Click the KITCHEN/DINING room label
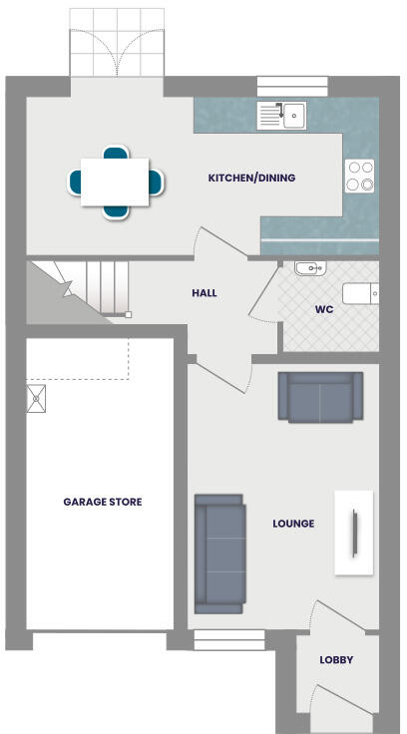tap(251, 179)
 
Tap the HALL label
tap(204, 293)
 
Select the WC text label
tap(323, 309)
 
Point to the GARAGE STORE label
tap(103, 502)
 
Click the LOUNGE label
tap(293, 523)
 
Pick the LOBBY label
tap(336, 660)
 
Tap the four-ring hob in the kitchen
tap(359, 176)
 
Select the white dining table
tap(116, 182)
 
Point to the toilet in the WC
tap(360, 293)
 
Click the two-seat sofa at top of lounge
tap(319, 397)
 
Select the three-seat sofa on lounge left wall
tap(219, 552)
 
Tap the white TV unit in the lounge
tap(353, 532)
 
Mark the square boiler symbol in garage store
tap(38, 399)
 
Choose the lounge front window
tap(229, 639)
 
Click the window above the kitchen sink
tap(284, 86)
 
